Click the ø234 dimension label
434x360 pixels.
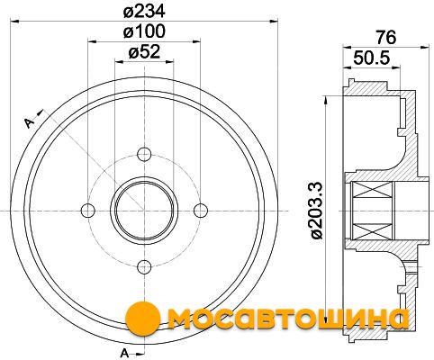click(x=144, y=12)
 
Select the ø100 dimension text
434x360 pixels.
click(x=144, y=31)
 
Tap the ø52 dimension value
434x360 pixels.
click(x=144, y=52)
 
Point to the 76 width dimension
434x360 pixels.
click(x=386, y=38)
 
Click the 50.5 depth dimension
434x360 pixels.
click(x=372, y=58)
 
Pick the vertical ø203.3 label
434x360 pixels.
click(x=317, y=211)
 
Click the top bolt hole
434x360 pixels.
click(x=144, y=155)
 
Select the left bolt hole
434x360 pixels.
click(x=88, y=211)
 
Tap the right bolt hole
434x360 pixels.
click(x=201, y=211)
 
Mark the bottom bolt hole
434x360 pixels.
click(x=144, y=266)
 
